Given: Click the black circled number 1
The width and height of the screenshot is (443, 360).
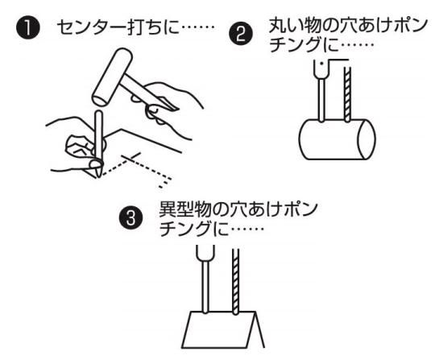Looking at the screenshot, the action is click(x=27, y=28).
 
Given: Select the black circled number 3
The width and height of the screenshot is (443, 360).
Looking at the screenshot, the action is click(x=130, y=218).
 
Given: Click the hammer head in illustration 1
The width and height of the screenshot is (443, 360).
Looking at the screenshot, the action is click(x=112, y=77).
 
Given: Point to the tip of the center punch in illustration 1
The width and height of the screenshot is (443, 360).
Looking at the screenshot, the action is click(x=98, y=177).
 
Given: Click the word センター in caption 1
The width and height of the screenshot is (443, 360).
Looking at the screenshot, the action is click(x=90, y=27).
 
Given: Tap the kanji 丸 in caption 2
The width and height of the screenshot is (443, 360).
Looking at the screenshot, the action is click(x=276, y=26).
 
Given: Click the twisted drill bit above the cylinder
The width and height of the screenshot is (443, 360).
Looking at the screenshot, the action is click(x=347, y=93).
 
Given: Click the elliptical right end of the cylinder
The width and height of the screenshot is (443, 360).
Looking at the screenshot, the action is click(x=366, y=139).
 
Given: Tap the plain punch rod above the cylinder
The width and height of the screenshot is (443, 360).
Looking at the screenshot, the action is click(x=321, y=100).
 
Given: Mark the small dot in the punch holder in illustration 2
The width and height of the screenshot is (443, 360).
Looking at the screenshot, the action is click(x=321, y=64).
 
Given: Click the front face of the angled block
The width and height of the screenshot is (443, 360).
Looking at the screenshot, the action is click(x=218, y=329).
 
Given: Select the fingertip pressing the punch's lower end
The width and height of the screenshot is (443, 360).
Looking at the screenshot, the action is click(x=96, y=164).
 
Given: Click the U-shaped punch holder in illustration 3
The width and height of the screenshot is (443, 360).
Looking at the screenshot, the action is click(x=205, y=253).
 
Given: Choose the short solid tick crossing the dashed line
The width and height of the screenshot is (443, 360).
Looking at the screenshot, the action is click(x=131, y=157).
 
